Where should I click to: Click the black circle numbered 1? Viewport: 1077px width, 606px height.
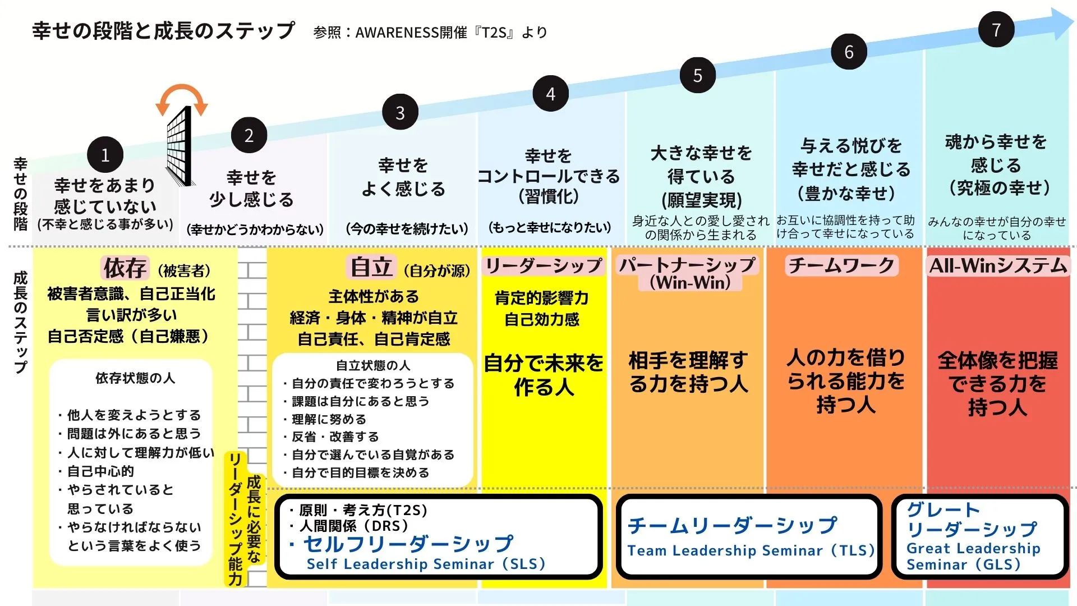pyautogui.click(x=105, y=155)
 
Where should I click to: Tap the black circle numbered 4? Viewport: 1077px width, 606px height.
pyautogui.click(x=550, y=94)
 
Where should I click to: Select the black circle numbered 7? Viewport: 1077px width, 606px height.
pyautogui.click(x=996, y=29)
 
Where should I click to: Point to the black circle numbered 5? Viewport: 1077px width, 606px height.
pyautogui.click(x=697, y=75)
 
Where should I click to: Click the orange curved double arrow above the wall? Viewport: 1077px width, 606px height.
pyautogui.click(x=182, y=98)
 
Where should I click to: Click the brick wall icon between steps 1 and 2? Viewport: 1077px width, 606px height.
pyautogui.click(x=179, y=146)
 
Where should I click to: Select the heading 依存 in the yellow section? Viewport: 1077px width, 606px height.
pyautogui.click(x=125, y=268)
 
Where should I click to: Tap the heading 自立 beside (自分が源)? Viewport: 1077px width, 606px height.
pyautogui.click(x=371, y=267)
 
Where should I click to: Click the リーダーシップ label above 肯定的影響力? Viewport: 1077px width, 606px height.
pyautogui.click(x=543, y=265)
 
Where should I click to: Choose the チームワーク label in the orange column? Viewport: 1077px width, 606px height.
pyautogui.click(x=841, y=265)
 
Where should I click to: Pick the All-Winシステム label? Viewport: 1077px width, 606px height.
pyautogui.click(x=998, y=265)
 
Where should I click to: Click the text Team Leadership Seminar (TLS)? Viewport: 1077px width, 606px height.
pyautogui.click(x=751, y=550)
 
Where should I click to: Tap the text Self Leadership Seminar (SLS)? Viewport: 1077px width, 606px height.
pyautogui.click(x=426, y=564)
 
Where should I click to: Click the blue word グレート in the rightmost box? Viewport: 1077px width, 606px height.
pyautogui.click(x=943, y=509)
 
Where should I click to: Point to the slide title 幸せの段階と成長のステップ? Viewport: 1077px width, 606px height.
pyautogui.click(x=163, y=31)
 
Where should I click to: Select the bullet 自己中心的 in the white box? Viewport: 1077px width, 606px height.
pyautogui.click(x=100, y=471)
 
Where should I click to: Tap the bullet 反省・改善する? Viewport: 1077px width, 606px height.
pyautogui.click(x=335, y=437)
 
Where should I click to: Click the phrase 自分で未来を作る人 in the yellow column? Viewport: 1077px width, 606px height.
pyautogui.click(x=544, y=375)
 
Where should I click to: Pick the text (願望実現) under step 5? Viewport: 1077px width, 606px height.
pyautogui.click(x=701, y=200)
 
